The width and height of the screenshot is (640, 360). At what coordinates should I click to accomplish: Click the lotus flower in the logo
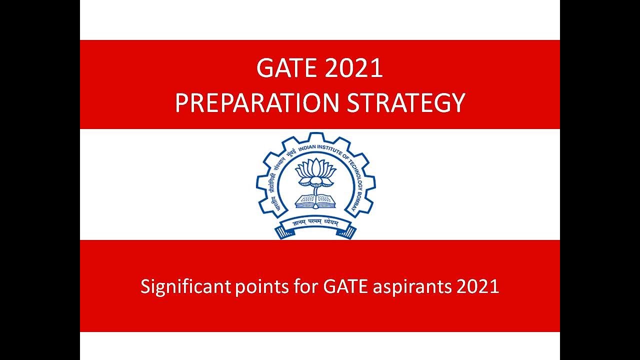point(315,171)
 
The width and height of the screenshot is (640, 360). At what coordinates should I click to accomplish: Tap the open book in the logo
point(315,201)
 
